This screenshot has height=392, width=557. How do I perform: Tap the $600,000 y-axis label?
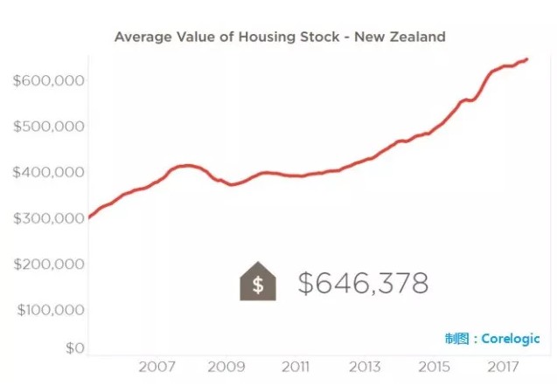pos(48,81)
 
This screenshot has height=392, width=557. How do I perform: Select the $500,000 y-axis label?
pos(48,127)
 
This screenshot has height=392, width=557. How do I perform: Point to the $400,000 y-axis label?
pos(48,172)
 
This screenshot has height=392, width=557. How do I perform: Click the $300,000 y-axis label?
pos(48,218)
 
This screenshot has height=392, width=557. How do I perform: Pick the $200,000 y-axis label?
pos(48,264)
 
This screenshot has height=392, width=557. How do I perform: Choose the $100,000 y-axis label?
pos(48,309)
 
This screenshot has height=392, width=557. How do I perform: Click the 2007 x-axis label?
pos(158,368)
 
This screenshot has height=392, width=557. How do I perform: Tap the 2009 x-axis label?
pos(226,368)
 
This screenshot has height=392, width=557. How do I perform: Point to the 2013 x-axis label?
pos(364,368)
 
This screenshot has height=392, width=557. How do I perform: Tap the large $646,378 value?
pos(363,283)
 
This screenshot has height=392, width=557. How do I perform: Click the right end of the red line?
pos(526,59)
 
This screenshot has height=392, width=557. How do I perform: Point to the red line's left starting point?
pos(89,217)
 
